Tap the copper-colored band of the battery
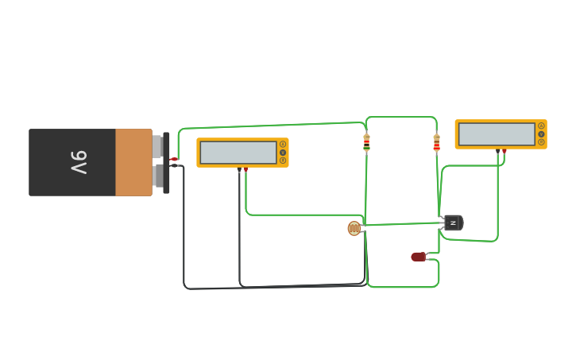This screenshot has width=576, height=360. (133, 162)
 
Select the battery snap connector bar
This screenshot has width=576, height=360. (166, 162)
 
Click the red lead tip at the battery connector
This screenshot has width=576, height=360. (173, 159)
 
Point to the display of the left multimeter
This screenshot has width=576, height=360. (238, 153)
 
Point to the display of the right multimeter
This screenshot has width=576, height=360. (497, 134)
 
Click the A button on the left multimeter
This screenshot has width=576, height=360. (283, 144)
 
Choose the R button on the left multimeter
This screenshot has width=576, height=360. (283, 161)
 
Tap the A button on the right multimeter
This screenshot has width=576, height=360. (541, 126)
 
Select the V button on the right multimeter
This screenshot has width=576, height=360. (541, 134)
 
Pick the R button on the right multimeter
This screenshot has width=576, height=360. (541, 142)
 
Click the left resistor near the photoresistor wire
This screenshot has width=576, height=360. (366, 142)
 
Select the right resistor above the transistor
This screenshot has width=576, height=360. (436, 143)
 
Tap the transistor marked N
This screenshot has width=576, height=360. (453, 223)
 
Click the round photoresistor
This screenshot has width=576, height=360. (354, 229)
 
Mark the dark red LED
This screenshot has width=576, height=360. (418, 257)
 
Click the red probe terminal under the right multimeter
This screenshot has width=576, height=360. (504, 151)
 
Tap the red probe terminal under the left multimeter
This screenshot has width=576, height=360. (245, 169)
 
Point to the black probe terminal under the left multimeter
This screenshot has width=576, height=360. (239, 169)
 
